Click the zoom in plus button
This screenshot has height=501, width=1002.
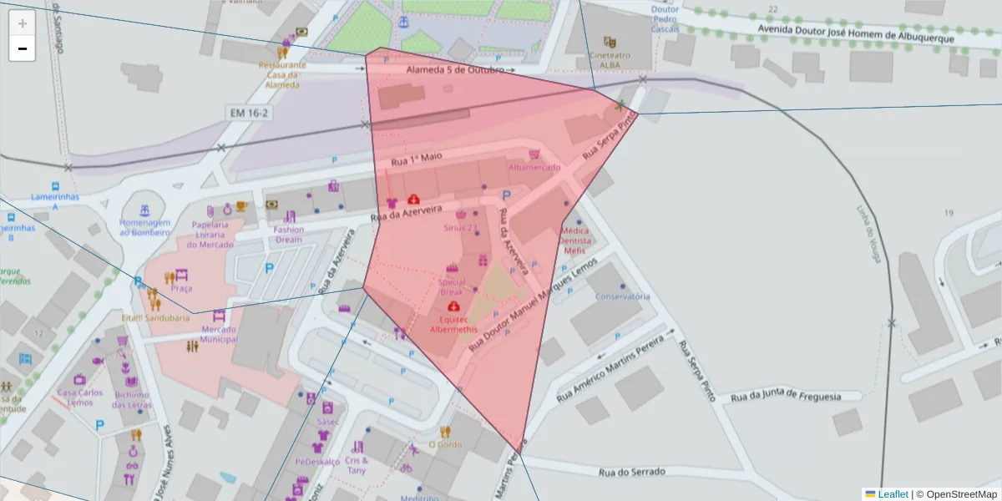pyautogui.click(x=22, y=23)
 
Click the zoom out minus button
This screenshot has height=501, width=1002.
pyautogui.click(x=22, y=48)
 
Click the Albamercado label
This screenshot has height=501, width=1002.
pyautogui.click(x=535, y=167)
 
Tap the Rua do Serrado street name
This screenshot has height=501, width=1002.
pyautogui.click(x=632, y=472)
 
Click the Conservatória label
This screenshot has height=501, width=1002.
pyautogui.click(x=622, y=296)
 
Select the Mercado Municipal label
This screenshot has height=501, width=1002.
pyautogui.click(x=219, y=334)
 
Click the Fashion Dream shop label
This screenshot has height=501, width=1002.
pyautogui.click(x=289, y=235)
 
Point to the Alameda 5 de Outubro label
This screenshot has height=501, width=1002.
pyautogui.click(x=455, y=70)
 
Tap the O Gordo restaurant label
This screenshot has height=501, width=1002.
pyautogui.click(x=445, y=444)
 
